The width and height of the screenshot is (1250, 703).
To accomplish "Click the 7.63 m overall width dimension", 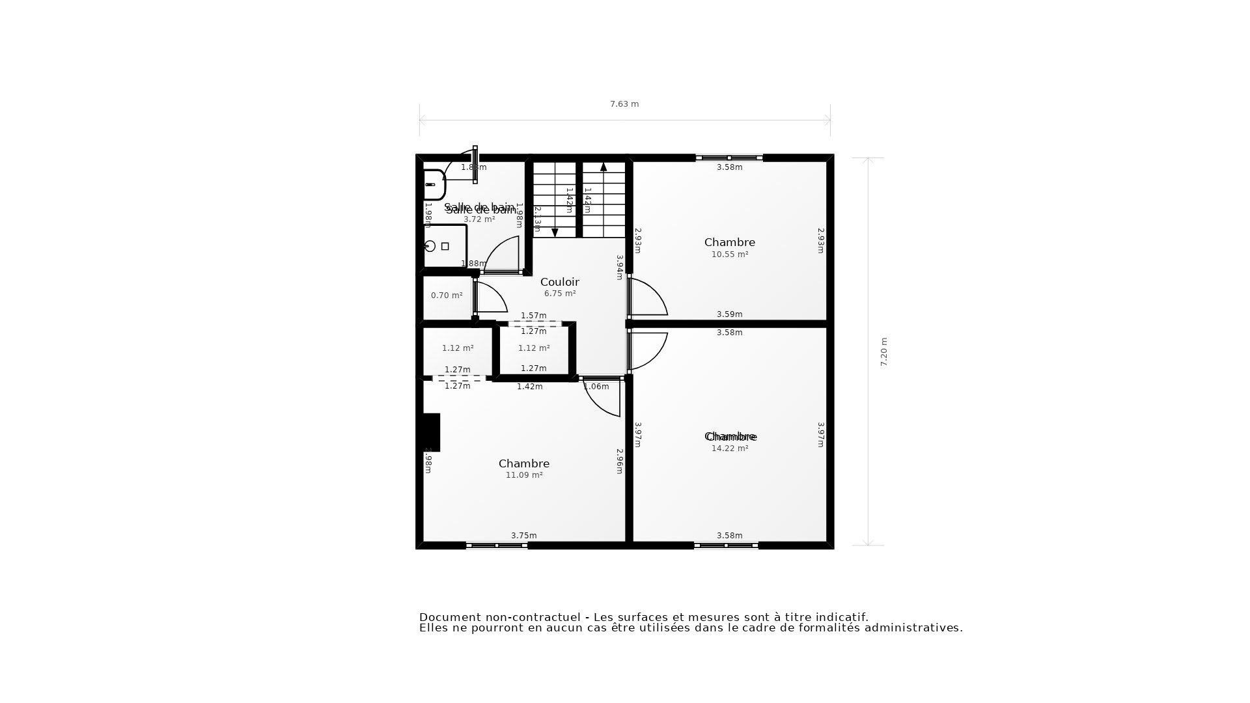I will click(624, 104).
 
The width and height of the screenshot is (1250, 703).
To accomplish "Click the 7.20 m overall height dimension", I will click(883, 351).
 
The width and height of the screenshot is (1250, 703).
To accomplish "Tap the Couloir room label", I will click(559, 282).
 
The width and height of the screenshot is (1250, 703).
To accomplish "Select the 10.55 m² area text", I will click(729, 255).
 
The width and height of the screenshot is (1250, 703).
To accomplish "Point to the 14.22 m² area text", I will click(729, 448).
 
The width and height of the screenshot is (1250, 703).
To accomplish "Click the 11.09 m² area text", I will click(523, 475).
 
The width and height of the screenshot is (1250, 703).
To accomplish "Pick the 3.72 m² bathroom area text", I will click(479, 219).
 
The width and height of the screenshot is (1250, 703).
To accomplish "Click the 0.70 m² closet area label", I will click(447, 296).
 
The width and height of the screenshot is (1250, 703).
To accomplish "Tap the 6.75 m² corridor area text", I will click(559, 294).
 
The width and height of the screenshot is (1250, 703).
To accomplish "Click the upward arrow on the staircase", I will click(604, 167).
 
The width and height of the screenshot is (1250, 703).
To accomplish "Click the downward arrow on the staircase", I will click(555, 232).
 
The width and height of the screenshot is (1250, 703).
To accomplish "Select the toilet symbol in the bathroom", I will click(434, 184).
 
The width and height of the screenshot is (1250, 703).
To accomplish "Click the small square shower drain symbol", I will click(445, 246).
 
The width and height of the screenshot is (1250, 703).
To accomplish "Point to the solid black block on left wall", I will click(431, 432).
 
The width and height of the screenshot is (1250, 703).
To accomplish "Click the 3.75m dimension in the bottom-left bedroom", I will click(523, 536).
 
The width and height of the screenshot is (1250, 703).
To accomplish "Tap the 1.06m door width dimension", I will click(596, 387).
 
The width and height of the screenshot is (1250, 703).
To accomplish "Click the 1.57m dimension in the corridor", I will click(533, 316).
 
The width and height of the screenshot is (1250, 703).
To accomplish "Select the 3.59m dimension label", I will click(729, 314).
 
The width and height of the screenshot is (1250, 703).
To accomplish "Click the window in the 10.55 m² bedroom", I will click(729, 158).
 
